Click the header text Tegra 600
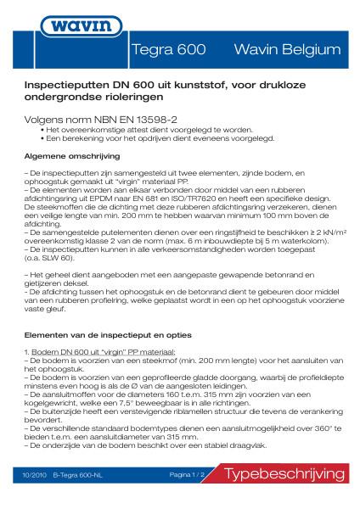coord(170,50)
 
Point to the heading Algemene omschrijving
coord(72,158)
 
